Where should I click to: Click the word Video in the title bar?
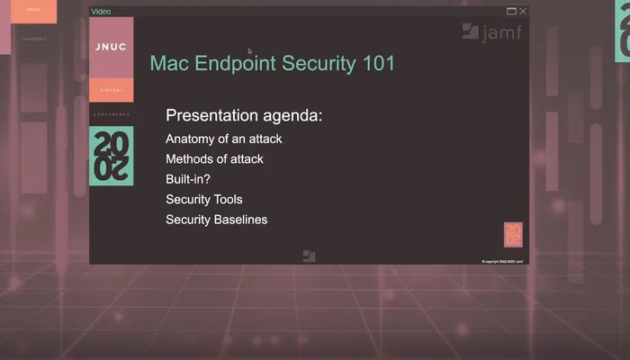[x=102, y=12]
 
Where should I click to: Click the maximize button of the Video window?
[x=511, y=12]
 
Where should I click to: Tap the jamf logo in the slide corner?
[x=491, y=32]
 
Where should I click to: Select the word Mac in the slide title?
[x=167, y=64]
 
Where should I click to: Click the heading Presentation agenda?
[x=244, y=116]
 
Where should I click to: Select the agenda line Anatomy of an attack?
[x=224, y=139]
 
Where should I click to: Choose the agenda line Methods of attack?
[x=214, y=159]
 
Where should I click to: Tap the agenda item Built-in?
[x=188, y=179]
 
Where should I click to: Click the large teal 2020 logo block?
[x=112, y=156]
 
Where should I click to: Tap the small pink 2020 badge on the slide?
[x=513, y=234]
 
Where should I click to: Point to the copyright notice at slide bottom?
[x=502, y=261]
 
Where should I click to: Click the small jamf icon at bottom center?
[x=309, y=256]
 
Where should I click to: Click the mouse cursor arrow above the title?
[x=250, y=51]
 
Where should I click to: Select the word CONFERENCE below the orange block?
[x=112, y=114]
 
